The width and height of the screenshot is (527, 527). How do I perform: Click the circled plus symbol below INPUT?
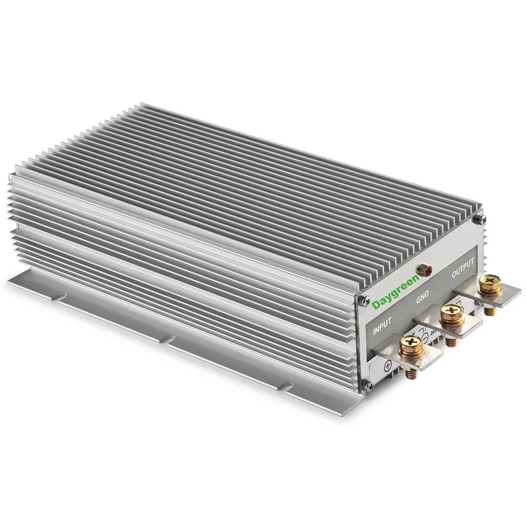click(x=387, y=365)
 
